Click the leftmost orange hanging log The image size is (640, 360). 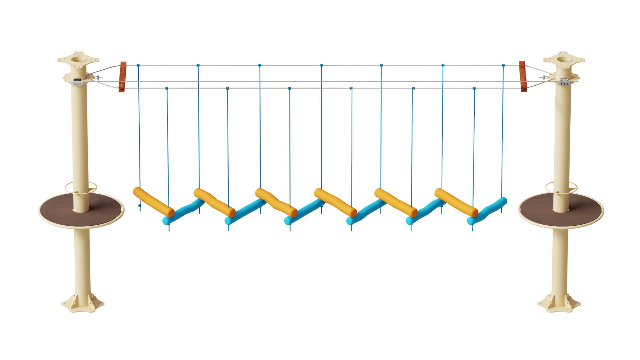pos(153,201)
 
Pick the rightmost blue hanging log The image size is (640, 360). pos(487,211)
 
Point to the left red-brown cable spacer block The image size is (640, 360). pos(123,76)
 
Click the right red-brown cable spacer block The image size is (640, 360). pos(522,76)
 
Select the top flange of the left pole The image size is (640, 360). pos(78,58)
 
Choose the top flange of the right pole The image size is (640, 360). pos(564,58)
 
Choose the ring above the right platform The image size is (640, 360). pos(549,186)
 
